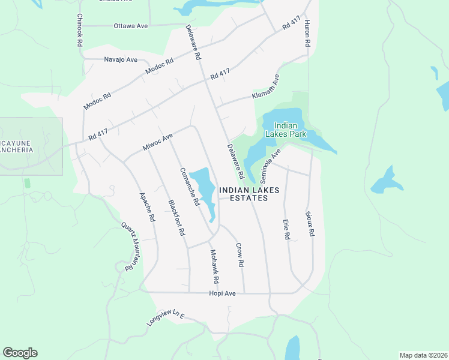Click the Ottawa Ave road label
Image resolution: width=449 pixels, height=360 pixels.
(131, 26)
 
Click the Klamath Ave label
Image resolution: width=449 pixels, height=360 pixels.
(266, 88)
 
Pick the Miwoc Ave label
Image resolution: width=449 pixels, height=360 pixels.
(157, 142)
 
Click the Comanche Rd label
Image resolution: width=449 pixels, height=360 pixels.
(189, 187)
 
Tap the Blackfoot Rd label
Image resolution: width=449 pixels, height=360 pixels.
(176, 217)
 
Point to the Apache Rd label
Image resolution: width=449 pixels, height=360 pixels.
(147, 208)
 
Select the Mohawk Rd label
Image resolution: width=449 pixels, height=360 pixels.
(213, 267)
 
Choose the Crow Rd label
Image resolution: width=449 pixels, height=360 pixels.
(240, 254)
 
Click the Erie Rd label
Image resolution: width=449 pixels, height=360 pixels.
(286, 230)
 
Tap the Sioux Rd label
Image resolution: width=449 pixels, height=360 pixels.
(310, 223)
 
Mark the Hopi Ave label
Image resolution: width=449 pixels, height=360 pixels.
(222, 293)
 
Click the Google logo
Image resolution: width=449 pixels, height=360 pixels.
(20, 353)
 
